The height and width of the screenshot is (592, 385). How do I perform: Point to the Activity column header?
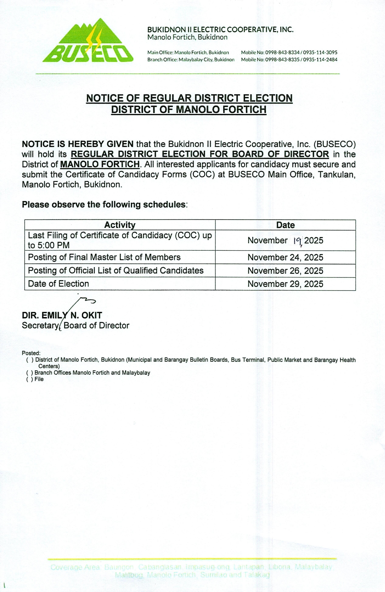120,225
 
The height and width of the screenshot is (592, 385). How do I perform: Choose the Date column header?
285,225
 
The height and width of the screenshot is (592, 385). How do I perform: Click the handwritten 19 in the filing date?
297,241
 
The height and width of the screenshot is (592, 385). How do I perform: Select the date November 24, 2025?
285,258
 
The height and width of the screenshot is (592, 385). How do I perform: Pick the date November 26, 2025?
285,271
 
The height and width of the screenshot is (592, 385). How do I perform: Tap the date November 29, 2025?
285,284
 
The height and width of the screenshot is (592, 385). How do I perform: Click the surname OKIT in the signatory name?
92,315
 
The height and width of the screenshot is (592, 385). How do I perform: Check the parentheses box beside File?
30,379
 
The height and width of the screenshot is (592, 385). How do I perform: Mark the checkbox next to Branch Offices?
30,373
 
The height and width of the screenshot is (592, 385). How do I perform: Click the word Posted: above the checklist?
31,353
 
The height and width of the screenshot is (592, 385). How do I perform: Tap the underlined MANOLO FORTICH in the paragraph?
100,165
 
